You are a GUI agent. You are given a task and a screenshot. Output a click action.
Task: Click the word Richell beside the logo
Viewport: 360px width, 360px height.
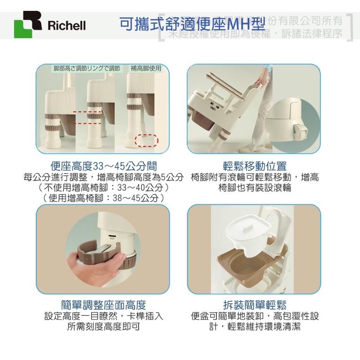tap(66, 25)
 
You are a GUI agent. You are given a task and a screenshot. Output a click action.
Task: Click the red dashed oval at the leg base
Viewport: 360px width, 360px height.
tap(147, 140)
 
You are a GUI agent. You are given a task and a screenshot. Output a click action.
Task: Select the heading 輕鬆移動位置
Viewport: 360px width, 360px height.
tap(255, 166)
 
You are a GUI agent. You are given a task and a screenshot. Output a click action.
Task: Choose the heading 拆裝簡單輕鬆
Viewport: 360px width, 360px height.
tap(255, 305)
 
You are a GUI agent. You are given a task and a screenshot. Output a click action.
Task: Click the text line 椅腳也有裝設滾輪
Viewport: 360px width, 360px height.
tap(255, 188)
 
